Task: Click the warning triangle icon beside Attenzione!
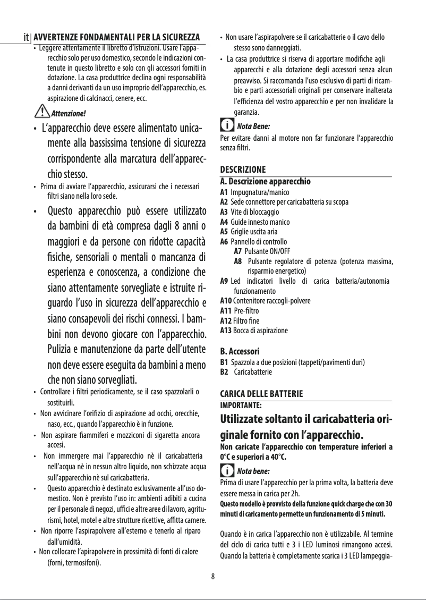tap(39, 112)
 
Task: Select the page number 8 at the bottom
tap(212, 576)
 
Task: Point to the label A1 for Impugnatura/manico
tap(224, 191)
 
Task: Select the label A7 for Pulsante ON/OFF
tap(238, 251)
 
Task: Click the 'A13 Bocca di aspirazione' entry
tap(254, 331)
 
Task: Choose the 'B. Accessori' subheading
tap(240, 352)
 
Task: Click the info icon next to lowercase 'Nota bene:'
tap(226, 471)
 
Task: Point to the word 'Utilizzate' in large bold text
tap(249, 417)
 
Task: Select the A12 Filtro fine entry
tap(245, 320)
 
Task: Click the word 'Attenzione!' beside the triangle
tap(66, 114)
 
